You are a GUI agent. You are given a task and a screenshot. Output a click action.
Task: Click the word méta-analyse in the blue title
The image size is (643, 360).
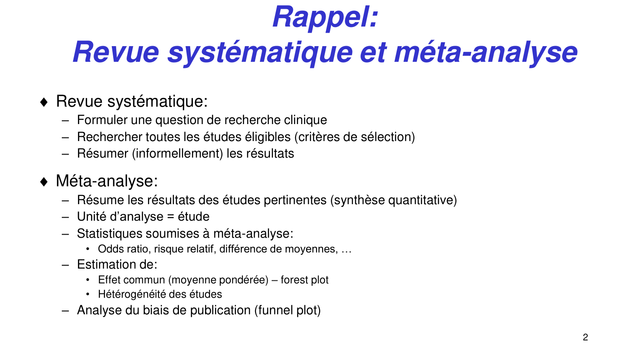[485, 52]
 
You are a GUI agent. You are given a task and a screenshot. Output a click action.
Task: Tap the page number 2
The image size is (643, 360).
[585, 337]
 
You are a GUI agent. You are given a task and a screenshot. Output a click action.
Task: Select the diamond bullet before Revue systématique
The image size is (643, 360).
[44, 102]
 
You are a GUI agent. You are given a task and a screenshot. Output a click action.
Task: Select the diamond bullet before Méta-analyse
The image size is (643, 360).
[44, 182]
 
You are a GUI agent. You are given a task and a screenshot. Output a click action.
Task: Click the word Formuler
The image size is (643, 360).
[102, 120]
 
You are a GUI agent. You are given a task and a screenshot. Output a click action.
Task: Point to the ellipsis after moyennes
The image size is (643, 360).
[346, 249]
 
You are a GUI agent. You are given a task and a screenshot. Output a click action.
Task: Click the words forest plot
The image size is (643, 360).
[304, 280]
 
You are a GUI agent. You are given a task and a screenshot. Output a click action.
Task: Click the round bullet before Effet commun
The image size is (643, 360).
[88, 280]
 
